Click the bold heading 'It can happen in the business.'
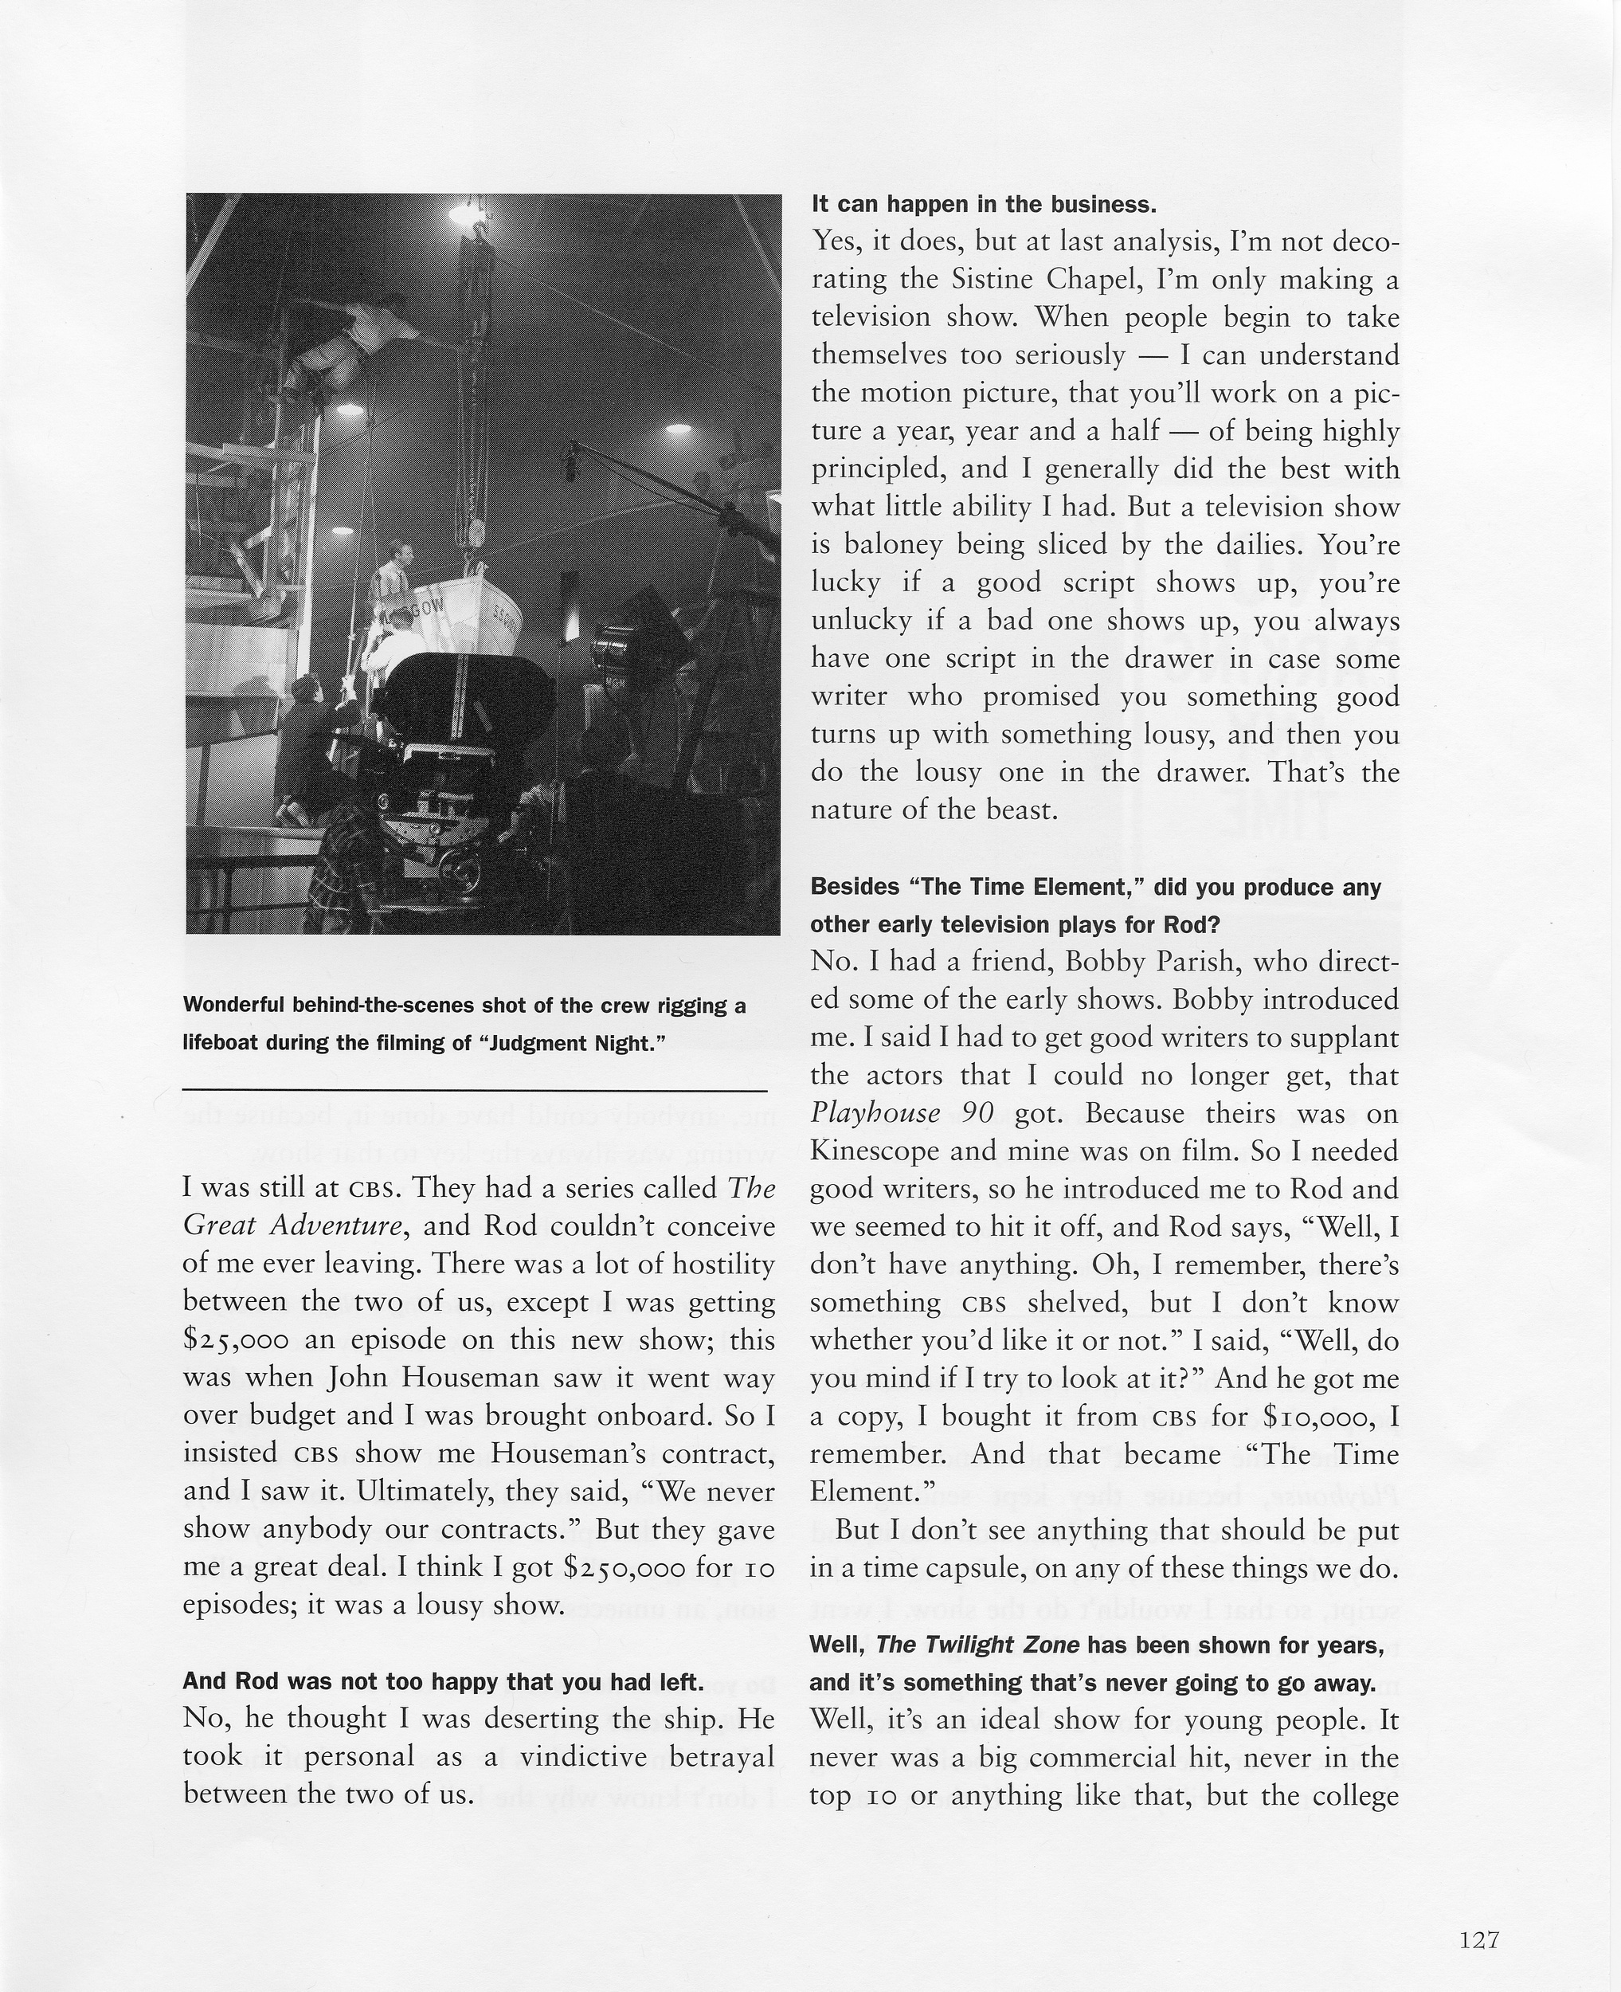(x=983, y=204)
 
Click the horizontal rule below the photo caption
(x=474, y=1090)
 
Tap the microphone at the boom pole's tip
(x=570, y=457)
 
